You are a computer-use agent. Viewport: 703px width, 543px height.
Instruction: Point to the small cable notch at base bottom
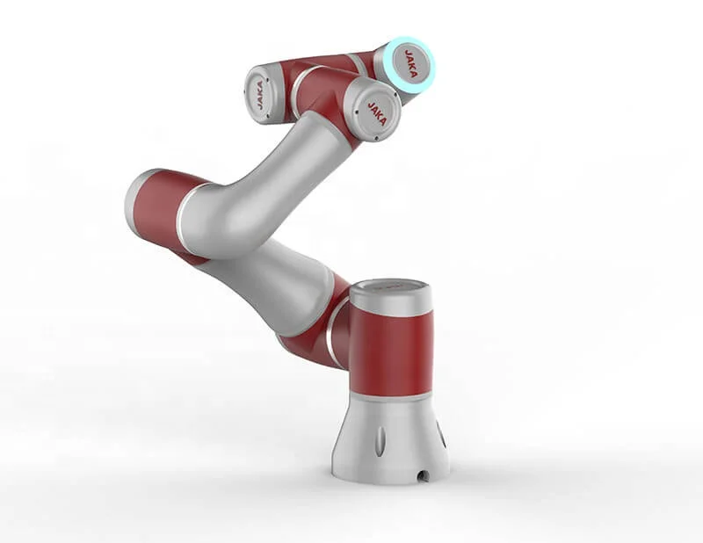pyautogui.click(x=424, y=474)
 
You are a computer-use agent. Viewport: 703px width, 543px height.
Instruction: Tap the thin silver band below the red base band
pyautogui.click(x=391, y=397)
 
